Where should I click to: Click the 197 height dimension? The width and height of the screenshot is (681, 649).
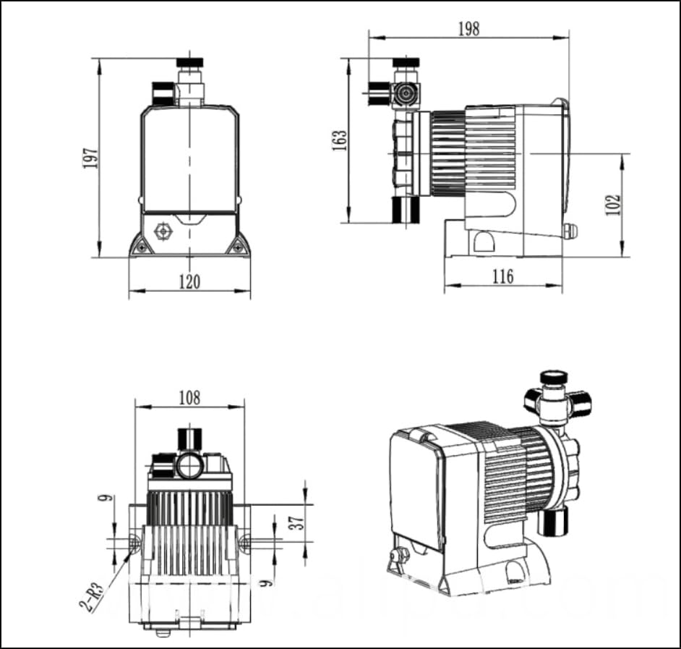point(90,158)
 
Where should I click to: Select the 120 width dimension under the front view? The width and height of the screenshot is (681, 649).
point(189,281)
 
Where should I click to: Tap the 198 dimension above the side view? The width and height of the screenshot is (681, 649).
point(468,28)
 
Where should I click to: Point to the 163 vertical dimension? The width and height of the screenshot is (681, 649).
point(339,140)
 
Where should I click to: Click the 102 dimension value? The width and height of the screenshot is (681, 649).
point(614,205)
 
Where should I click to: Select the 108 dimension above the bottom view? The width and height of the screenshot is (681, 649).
point(189,397)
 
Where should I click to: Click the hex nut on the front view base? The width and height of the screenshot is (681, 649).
point(163,231)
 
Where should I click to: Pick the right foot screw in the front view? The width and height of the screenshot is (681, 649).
point(236,247)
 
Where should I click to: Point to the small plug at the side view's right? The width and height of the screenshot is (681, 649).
point(572,231)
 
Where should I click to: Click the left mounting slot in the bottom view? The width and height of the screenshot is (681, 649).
point(134,540)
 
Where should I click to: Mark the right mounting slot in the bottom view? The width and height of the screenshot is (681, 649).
point(244,540)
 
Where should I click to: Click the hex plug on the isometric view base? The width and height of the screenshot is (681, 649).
point(398,556)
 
